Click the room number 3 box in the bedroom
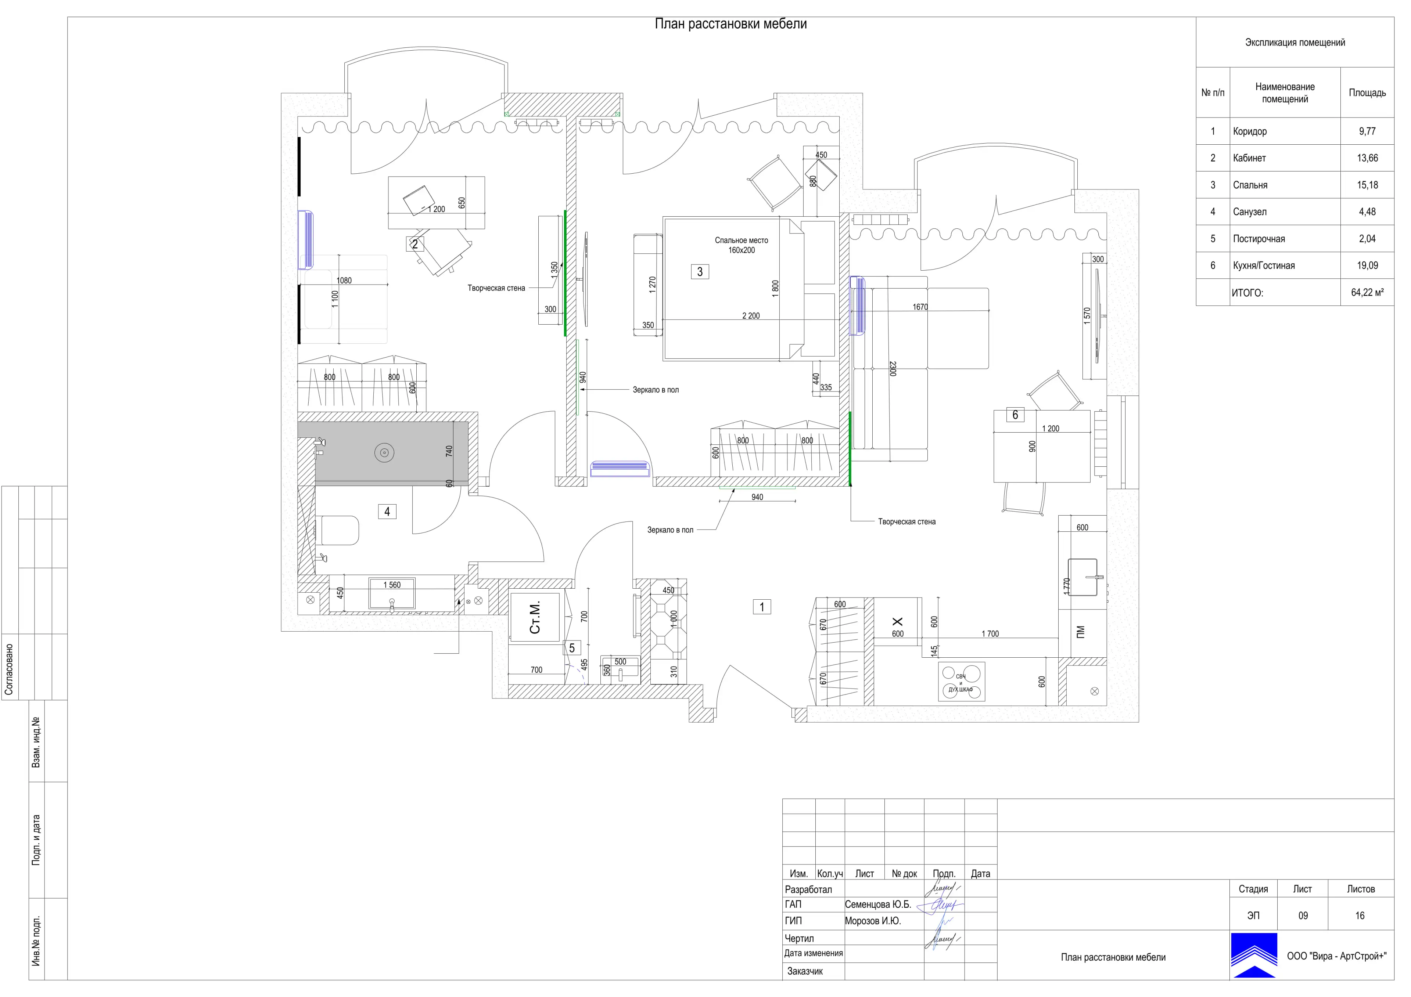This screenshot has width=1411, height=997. coord(700,271)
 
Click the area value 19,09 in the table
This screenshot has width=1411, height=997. coord(1367,265)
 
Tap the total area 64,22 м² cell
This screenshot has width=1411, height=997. coord(1367,292)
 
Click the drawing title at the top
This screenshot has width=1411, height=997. coord(731,24)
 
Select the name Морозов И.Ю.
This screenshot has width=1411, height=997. coord(873,921)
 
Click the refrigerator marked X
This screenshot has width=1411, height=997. coord(897,624)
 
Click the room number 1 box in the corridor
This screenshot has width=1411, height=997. coord(762,607)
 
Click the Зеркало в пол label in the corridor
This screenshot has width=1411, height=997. coord(670,530)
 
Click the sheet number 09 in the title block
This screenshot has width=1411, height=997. coord(1303,915)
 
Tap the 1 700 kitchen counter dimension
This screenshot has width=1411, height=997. coord(990,633)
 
